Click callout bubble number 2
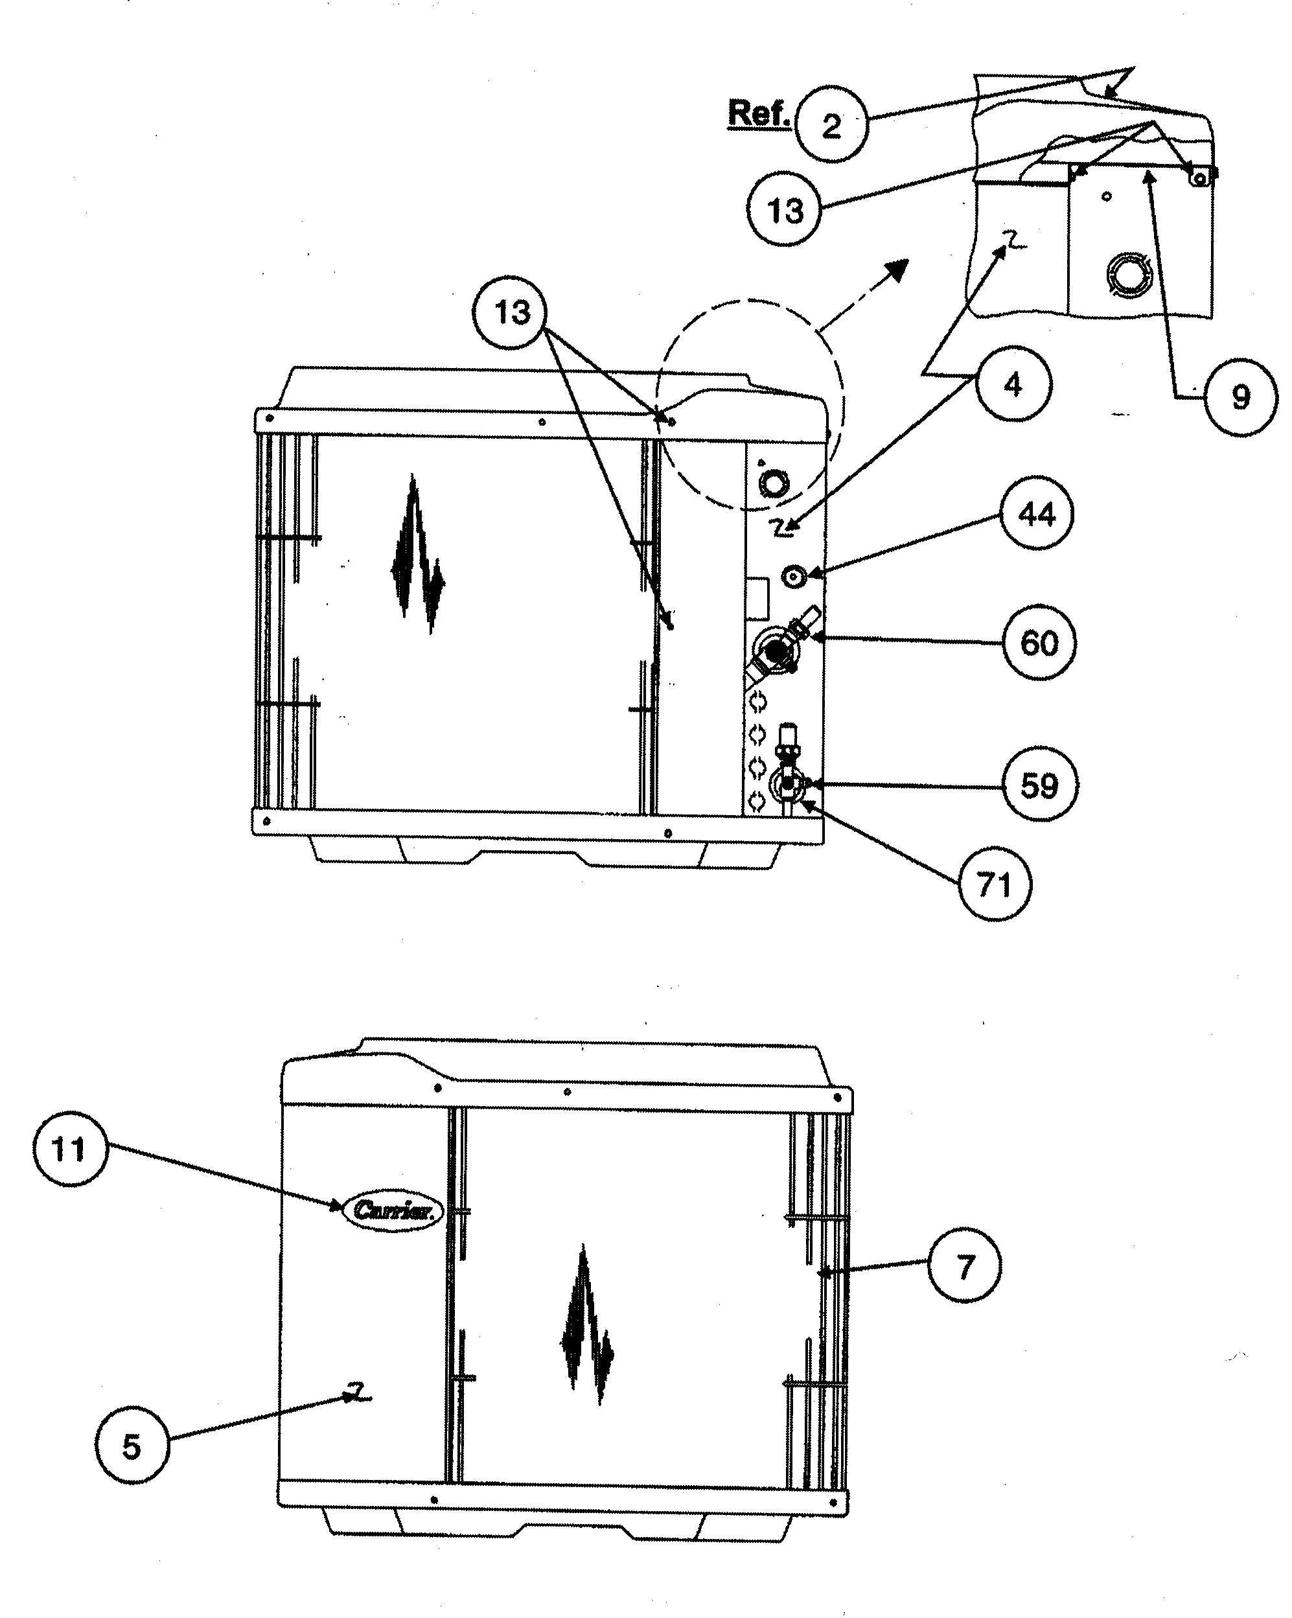point(831,124)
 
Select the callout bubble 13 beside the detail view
point(784,209)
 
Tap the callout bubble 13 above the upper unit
point(511,312)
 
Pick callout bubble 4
point(1013,384)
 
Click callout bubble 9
point(1241,397)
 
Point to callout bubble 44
point(1036,514)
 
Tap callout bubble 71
point(995,884)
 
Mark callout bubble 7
point(965,1267)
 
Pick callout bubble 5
point(132,1446)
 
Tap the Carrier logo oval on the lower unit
point(393,1210)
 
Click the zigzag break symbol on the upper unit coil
point(417,555)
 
